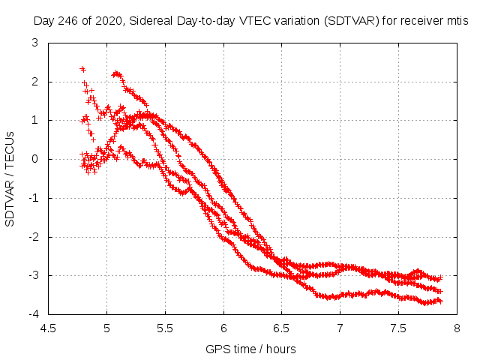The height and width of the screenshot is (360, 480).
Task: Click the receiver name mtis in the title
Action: click(x=456, y=22)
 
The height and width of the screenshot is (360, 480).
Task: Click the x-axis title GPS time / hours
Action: click(x=251, y=349)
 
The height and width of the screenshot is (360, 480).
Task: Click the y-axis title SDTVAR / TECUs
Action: click(x=10, y=178)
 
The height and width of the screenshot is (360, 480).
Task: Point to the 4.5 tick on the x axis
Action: click(x=48, y=328)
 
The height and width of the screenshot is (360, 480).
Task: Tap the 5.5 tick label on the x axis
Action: click(x=165, y=328)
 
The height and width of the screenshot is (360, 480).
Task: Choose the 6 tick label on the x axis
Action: click(x=223, y=328)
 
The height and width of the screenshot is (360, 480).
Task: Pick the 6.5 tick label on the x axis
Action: click(x=281, y=328)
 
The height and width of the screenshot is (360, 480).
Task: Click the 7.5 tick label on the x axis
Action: click(x=398, y=328)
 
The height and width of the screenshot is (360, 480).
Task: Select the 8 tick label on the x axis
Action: click(x=456, y=328)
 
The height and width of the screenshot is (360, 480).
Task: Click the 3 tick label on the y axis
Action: click(x=35, y=43)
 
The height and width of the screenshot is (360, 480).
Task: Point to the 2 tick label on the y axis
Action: click(x=35, y=82)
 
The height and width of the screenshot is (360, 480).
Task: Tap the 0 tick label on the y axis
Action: click(x=35, y=159)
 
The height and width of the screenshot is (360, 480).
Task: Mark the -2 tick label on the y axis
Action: click(x=33, y=237)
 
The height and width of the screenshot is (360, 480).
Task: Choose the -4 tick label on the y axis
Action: click(x=33, y=314)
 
